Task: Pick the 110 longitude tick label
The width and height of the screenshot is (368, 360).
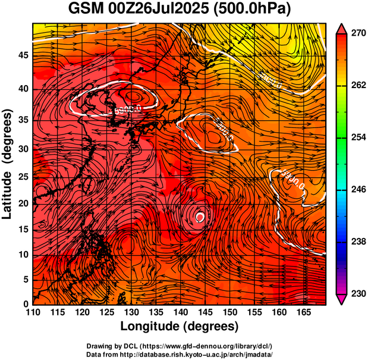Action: point(33,312)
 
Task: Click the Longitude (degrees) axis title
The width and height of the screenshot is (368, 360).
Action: point(180,326)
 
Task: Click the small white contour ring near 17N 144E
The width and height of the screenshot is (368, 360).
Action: point(200,217)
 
